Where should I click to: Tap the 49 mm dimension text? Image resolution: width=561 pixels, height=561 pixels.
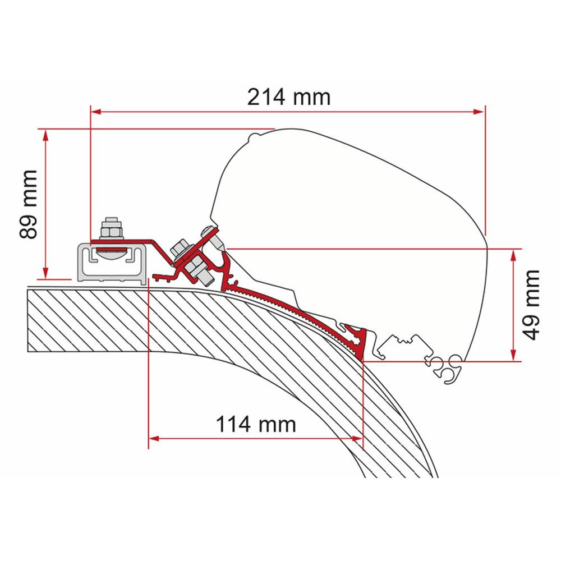tap(532, 304)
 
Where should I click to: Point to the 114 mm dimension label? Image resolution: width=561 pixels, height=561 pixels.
tap(256, 424)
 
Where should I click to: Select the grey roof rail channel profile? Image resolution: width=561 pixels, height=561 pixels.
tap(107, 263)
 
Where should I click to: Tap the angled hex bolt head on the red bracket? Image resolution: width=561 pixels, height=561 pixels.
tap(182, 247)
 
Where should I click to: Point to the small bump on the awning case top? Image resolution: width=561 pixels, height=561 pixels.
tap(253, 136)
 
